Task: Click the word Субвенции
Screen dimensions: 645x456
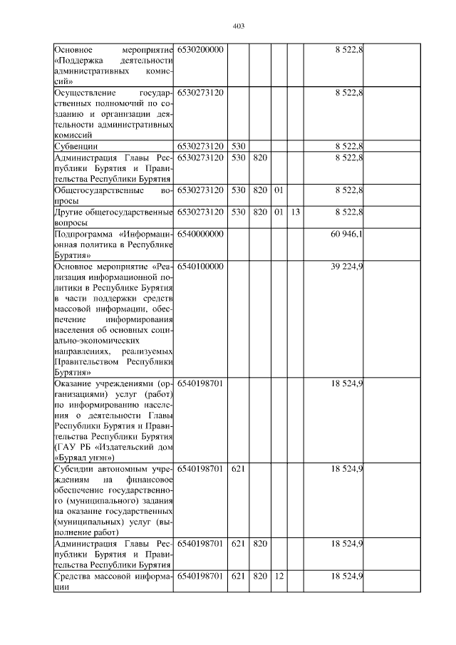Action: pyautogui.click(x=76, y=146)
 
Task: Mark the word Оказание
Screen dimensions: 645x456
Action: pyautogui.click(x=75, y=383)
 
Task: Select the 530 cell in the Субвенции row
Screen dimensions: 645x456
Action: pyautogui.click(x=238, y=146)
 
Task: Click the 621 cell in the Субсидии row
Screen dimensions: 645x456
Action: pyautogui.click(x=238, y=468)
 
